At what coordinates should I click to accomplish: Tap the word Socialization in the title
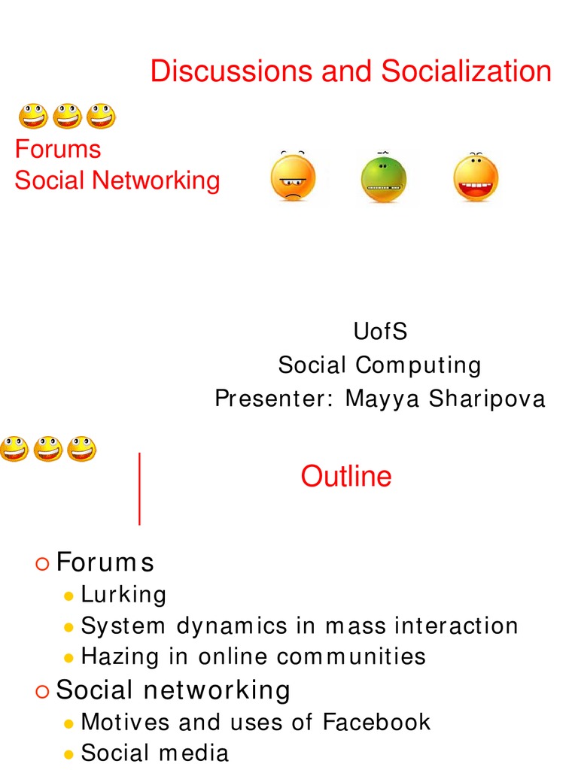point(466,72)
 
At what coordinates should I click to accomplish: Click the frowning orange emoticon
point(293,178)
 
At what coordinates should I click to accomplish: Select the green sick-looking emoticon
point(383,179)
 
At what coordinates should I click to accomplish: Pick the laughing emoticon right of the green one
point(476,178)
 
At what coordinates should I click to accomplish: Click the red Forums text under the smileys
point(58,149)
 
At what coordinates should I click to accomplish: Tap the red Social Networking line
point(117,180)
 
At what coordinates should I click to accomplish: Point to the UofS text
point(380,332)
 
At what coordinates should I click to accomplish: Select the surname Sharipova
point(487,399)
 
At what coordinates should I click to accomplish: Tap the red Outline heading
point(346,477)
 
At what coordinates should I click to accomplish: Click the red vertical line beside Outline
point(140,488)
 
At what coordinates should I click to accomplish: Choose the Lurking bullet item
point(123,595)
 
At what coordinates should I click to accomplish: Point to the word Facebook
point(376,723)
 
